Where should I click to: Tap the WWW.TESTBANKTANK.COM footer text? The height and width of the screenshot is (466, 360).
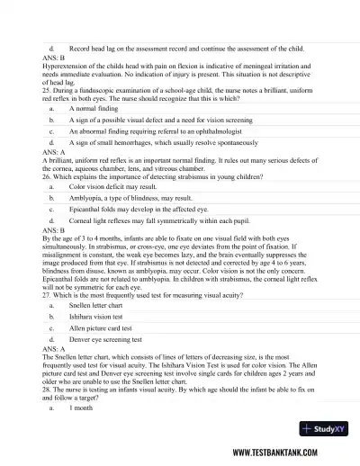[284, 453]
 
